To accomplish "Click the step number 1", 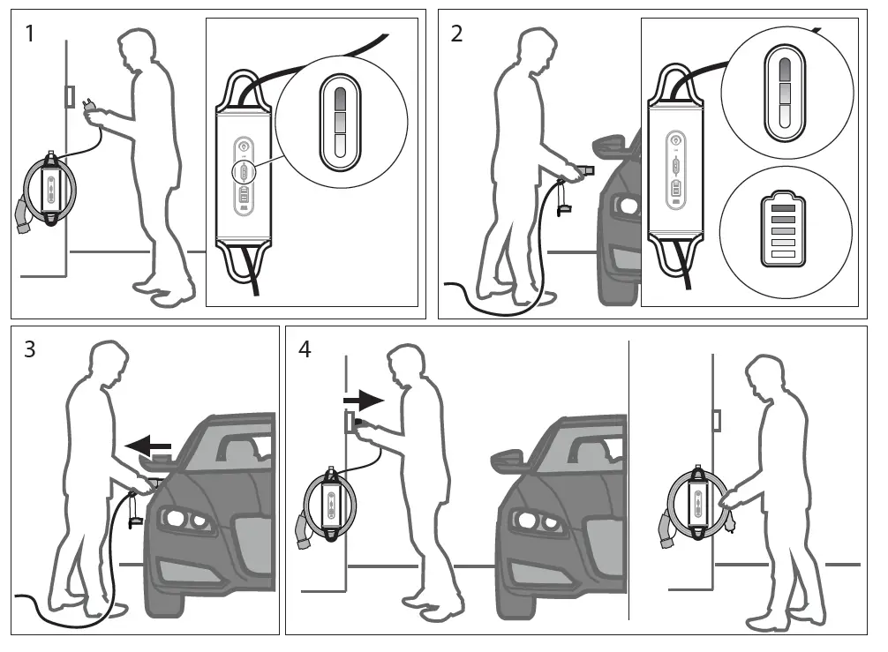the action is click(31, 35).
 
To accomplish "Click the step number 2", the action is click(456, 35).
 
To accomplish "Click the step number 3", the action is click(30, 349).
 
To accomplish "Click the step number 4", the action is click(305, 349).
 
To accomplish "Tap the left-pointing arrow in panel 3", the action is click(147, 446).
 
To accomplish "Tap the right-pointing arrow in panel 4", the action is click(364, 401).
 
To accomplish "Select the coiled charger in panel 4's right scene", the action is click(697, 506).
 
